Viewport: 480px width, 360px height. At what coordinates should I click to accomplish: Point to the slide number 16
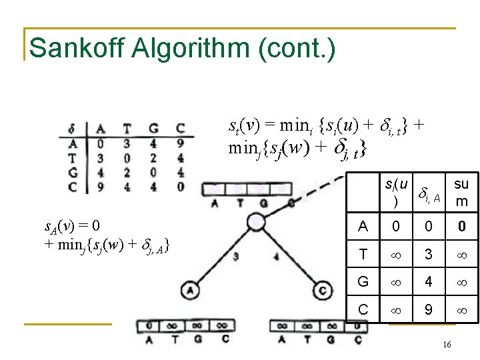coord(446,343)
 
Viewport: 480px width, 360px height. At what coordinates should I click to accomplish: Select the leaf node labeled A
coord(191,289)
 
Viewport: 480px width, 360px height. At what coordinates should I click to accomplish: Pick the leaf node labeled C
coord(322,289)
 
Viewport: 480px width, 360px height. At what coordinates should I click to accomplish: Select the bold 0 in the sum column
coord(461,227)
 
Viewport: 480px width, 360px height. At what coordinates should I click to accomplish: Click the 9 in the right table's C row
coord(429,309)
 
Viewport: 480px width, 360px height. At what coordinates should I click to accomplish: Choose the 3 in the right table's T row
coord(429,254)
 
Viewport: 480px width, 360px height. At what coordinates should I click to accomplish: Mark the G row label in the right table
coord(363,281)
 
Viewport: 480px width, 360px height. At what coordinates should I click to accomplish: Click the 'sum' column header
coord(461,191)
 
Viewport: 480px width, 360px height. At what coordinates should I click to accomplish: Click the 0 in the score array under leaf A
coord(153,325)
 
